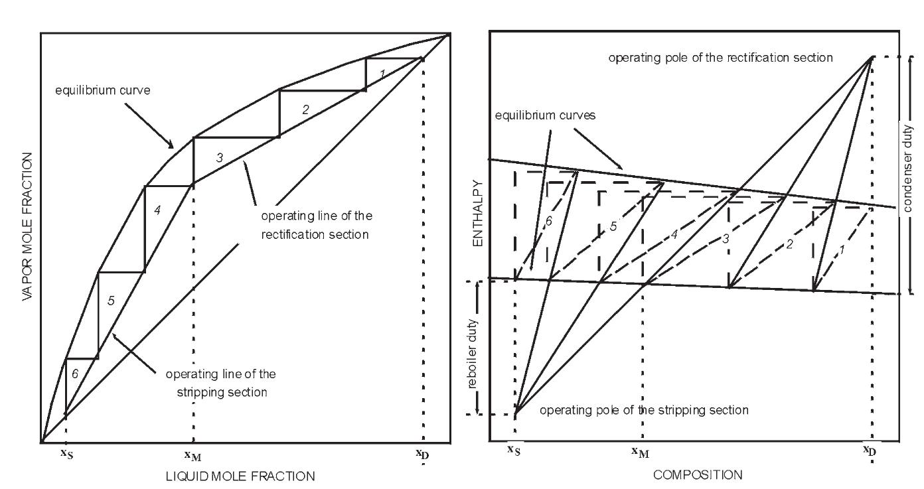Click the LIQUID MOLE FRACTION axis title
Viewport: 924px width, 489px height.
point(242,476)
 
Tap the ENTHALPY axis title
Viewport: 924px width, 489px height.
point(476,213)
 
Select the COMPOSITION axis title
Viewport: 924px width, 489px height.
point(698,474)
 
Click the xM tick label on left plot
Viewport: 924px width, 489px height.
point(193,456)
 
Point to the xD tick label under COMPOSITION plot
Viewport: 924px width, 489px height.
point(869,451)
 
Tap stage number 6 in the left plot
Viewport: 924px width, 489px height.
point(75,374)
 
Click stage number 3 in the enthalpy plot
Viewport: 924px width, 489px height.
point(726,237)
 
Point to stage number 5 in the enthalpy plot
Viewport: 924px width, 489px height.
point(613,226)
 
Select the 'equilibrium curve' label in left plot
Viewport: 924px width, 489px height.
point(103,90)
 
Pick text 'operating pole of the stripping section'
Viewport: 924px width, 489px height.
point(643,410)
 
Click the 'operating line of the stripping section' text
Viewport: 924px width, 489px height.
point(220,383)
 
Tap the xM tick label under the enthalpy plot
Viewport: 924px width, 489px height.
point(640,452)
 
